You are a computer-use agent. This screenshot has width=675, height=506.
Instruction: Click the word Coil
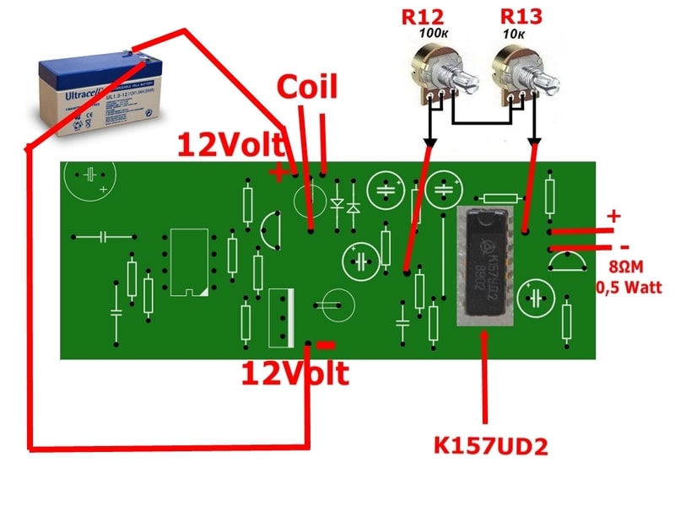click(x=307, y=88)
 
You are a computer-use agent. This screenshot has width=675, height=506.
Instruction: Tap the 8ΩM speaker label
click(x=626, y=270)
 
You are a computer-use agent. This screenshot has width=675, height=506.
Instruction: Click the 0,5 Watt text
click(x=628, y=288)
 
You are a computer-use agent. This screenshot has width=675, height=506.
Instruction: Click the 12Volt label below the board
click(x=294, y=373)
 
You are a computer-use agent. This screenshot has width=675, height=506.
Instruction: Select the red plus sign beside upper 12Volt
click(x=277, y=173)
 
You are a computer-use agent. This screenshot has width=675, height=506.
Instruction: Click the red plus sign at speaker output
click(x=613, y=216)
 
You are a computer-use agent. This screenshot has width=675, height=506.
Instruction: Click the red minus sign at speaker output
click(x=624, y=247)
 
